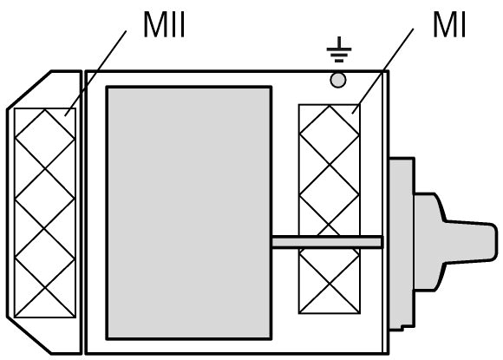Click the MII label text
164,25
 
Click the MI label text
449,25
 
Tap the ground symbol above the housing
339,49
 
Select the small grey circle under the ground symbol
338,80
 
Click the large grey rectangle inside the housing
189,213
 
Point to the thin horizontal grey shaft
328,242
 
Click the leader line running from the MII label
95,73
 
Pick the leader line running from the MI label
382,71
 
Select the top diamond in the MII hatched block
45,139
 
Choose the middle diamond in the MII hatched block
45,198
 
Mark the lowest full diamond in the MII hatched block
45,258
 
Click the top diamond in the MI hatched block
330,135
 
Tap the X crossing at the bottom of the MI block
330,284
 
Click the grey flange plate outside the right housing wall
402,244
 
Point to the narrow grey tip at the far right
472,242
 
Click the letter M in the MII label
155,25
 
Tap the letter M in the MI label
445,25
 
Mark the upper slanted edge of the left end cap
29,90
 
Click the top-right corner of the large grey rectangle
271,87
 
